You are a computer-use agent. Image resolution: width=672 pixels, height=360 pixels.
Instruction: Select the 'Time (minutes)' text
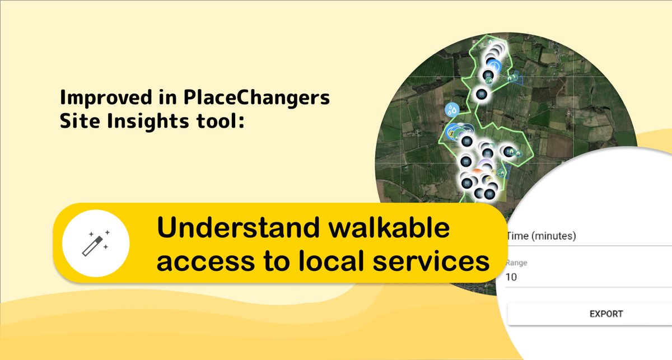(x=541, y=236)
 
